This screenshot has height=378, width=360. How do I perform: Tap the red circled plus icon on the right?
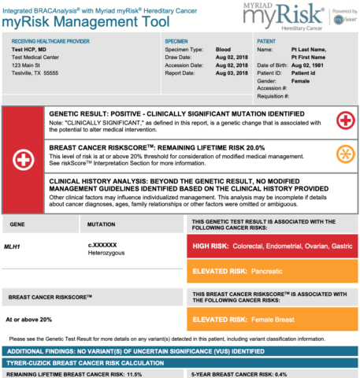[x=344, y=120]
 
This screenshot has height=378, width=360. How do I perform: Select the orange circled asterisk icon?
[x=344, y=153]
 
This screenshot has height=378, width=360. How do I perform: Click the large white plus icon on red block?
[x=24, y=159]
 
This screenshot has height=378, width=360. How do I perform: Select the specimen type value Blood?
[x=224, y=49]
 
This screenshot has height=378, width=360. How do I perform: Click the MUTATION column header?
[x=103, y=224]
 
